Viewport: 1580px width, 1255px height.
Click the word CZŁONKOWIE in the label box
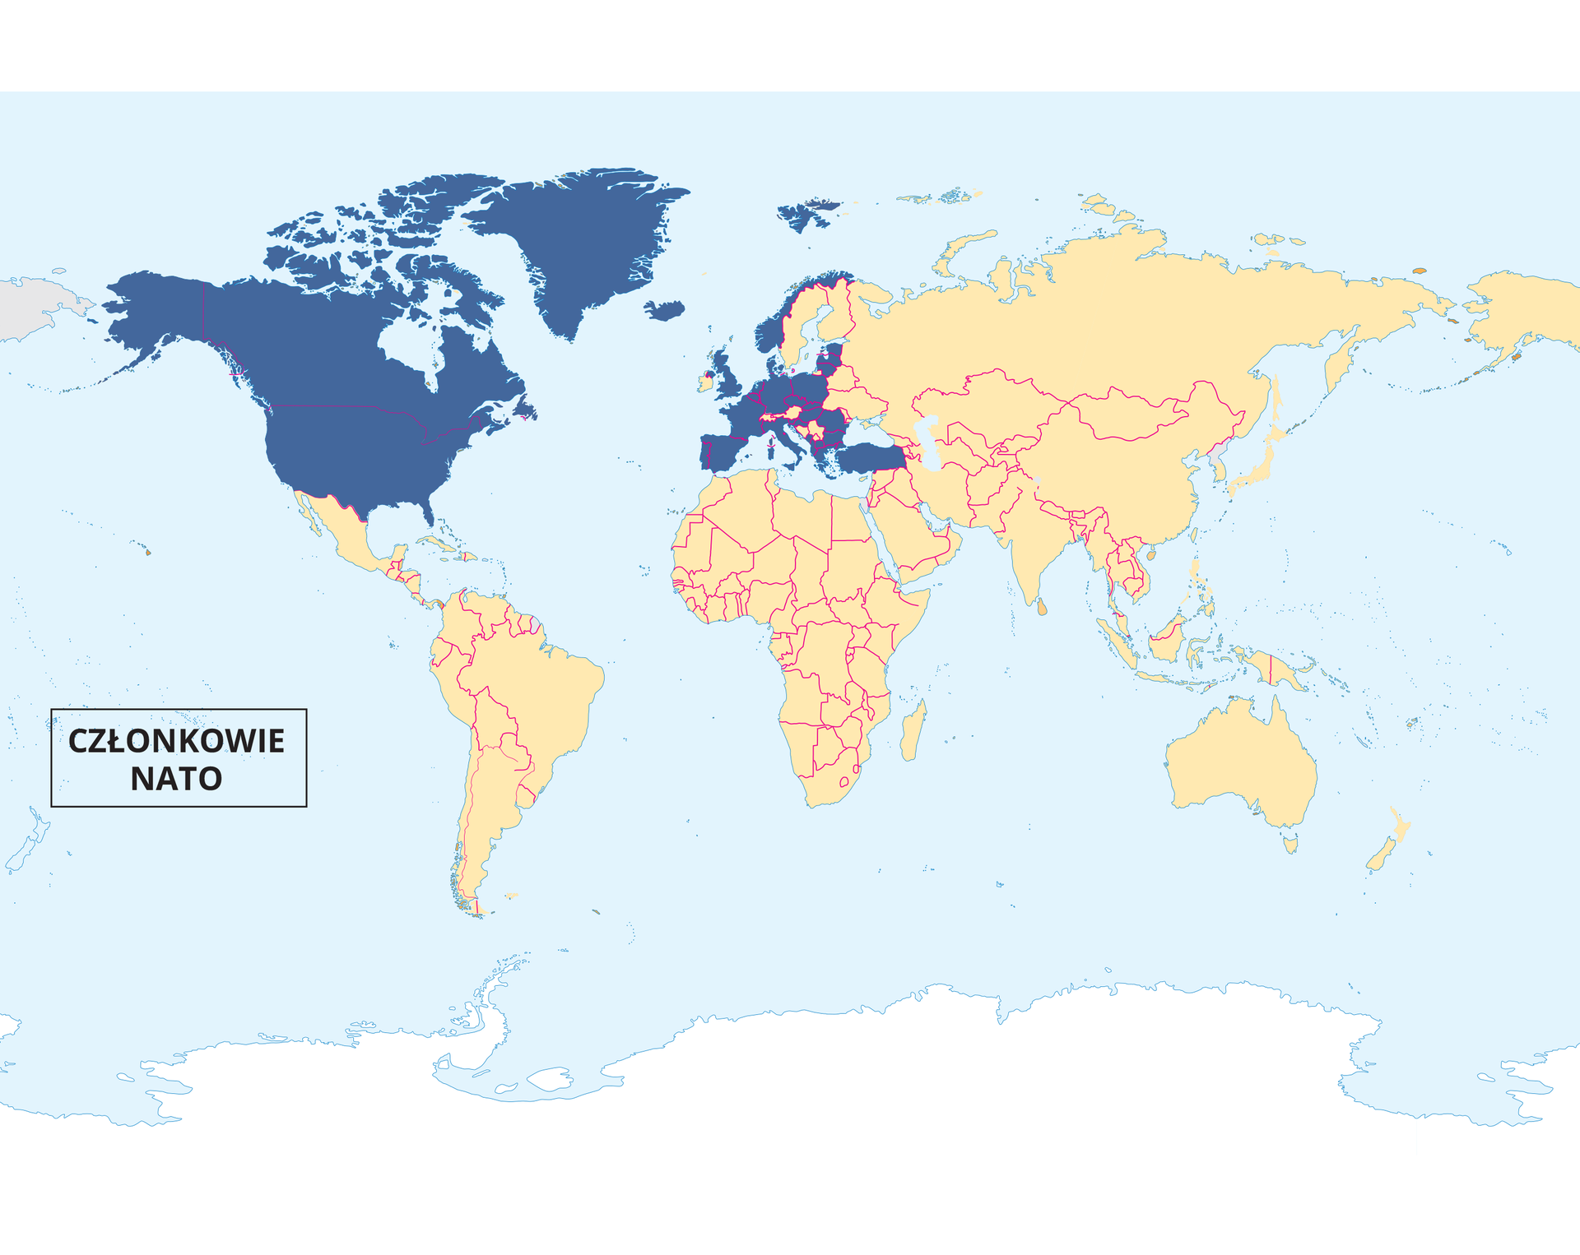(176, 741)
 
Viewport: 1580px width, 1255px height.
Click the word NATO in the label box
(176, 779)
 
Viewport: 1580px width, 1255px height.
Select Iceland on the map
(665, 310)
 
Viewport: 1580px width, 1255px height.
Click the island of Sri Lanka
(1042, 607)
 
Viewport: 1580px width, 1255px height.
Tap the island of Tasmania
(1290, 844)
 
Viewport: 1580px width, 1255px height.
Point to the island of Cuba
(436, 543)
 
